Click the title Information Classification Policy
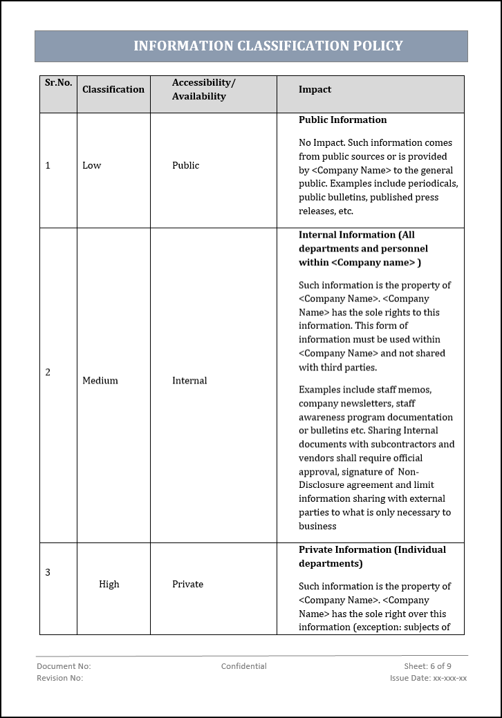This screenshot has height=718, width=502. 268,46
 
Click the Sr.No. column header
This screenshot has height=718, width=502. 59,83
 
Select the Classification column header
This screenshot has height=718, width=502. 113,89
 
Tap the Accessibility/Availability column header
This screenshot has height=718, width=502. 203,90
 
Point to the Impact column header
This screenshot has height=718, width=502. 315,89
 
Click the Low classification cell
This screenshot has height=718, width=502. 92,165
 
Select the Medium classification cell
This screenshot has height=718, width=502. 100,381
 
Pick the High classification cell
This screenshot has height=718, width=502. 109,584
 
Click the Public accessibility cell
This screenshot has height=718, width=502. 185,165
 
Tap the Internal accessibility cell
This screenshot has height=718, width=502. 189,381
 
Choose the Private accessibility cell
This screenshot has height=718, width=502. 187,584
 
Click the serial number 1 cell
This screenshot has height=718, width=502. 48,165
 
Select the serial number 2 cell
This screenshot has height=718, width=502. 48,372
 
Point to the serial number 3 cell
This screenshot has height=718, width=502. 48,572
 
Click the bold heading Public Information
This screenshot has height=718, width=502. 342,120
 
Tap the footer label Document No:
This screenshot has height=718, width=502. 64,666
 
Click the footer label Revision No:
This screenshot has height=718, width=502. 59,678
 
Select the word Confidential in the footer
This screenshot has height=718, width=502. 243,666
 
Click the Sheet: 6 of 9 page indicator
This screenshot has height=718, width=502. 427,666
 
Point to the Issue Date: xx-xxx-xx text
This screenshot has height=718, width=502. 428,678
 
